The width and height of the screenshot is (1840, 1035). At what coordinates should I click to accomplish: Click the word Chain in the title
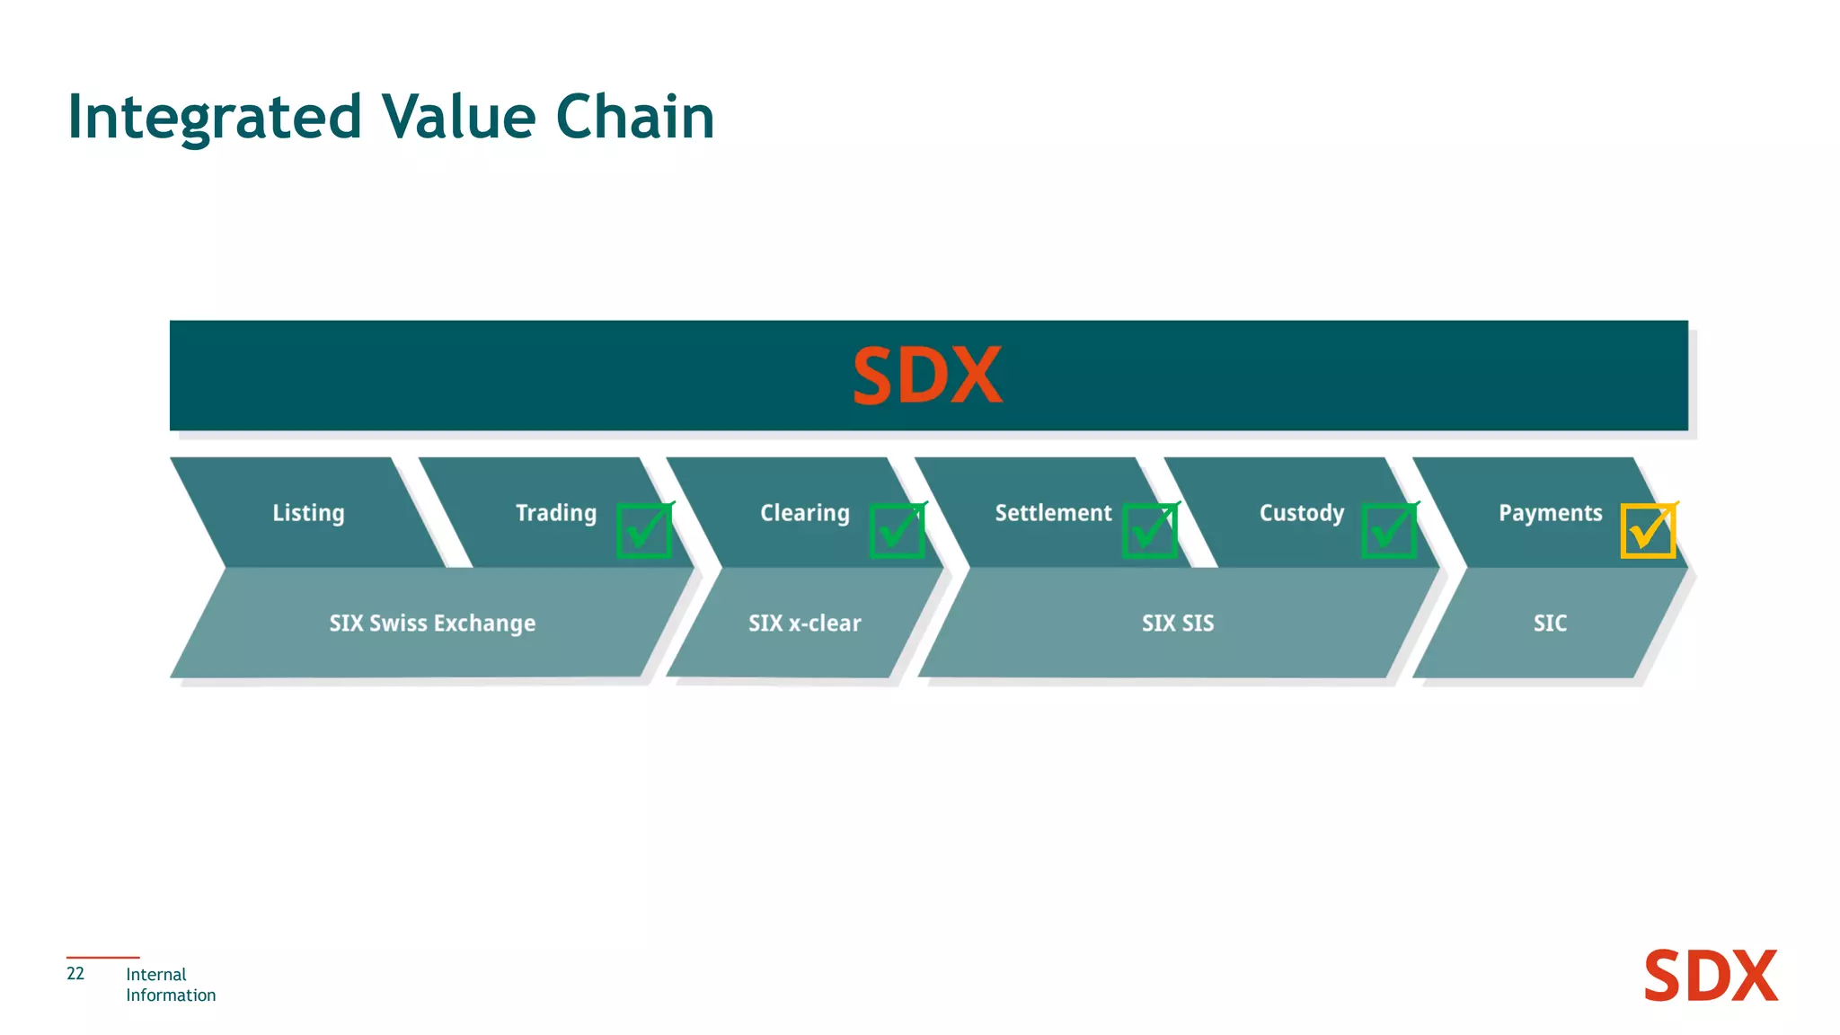pos(634,118)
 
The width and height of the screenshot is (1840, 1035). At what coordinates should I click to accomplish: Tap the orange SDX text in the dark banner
pos(926,376)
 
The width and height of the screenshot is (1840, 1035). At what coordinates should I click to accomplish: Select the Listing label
pos(308,513)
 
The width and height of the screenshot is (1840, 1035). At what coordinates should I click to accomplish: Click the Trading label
pos(555,513)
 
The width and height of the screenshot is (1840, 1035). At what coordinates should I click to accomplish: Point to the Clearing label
pos(804,513)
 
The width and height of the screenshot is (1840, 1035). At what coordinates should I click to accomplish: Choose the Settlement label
pos(1053,513)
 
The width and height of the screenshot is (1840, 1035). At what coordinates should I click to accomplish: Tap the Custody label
pos(1301,513)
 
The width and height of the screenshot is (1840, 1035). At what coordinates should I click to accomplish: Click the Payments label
pos(1550,513)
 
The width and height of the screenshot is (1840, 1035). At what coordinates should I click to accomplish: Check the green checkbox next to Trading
pos(644,531)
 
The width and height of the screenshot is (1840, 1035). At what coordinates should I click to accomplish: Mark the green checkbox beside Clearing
pos(897,531)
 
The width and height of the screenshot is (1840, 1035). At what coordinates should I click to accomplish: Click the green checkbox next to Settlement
pos(1149,531)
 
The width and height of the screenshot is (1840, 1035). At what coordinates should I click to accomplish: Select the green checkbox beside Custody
pos(1389,531)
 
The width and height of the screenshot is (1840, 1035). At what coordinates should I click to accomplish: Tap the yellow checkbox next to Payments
pos(1648,531)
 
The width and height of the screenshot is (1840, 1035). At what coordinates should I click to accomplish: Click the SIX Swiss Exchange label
pos(432,623)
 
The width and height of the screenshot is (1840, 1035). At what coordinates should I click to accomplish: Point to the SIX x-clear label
pos(804,623)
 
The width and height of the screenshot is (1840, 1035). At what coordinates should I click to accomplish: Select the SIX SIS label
pos(1177,623)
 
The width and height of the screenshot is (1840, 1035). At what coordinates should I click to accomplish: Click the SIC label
pos(1550,623)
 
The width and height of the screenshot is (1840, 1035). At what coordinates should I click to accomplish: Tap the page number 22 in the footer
pos(75,974)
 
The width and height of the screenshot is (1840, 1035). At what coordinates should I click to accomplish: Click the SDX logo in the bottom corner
pos(1710,977)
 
